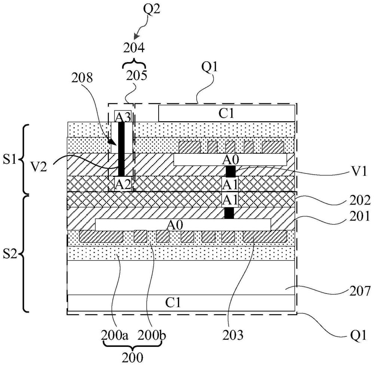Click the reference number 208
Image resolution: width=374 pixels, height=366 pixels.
(82, 78)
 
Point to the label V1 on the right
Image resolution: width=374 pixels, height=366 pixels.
(359, 171)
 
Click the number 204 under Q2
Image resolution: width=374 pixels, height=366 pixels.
(134, 48)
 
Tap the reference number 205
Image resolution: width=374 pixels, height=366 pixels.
(137, 76)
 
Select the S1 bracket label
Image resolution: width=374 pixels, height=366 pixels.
(10, 160)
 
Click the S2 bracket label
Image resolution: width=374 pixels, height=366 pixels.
(10, 255)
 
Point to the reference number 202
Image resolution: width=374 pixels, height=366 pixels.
(360, 200)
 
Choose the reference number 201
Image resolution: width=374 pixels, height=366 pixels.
(360, 216)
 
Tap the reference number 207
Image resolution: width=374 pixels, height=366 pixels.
(360, 291)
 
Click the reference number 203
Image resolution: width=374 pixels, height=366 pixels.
(233, 335)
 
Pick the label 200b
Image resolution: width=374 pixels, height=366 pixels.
(152, 335)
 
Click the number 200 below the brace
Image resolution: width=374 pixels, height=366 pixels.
(132, 357)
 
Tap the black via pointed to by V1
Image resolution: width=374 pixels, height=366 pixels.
(230, 171)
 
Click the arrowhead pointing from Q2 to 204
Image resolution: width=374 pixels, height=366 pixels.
(136, 37)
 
